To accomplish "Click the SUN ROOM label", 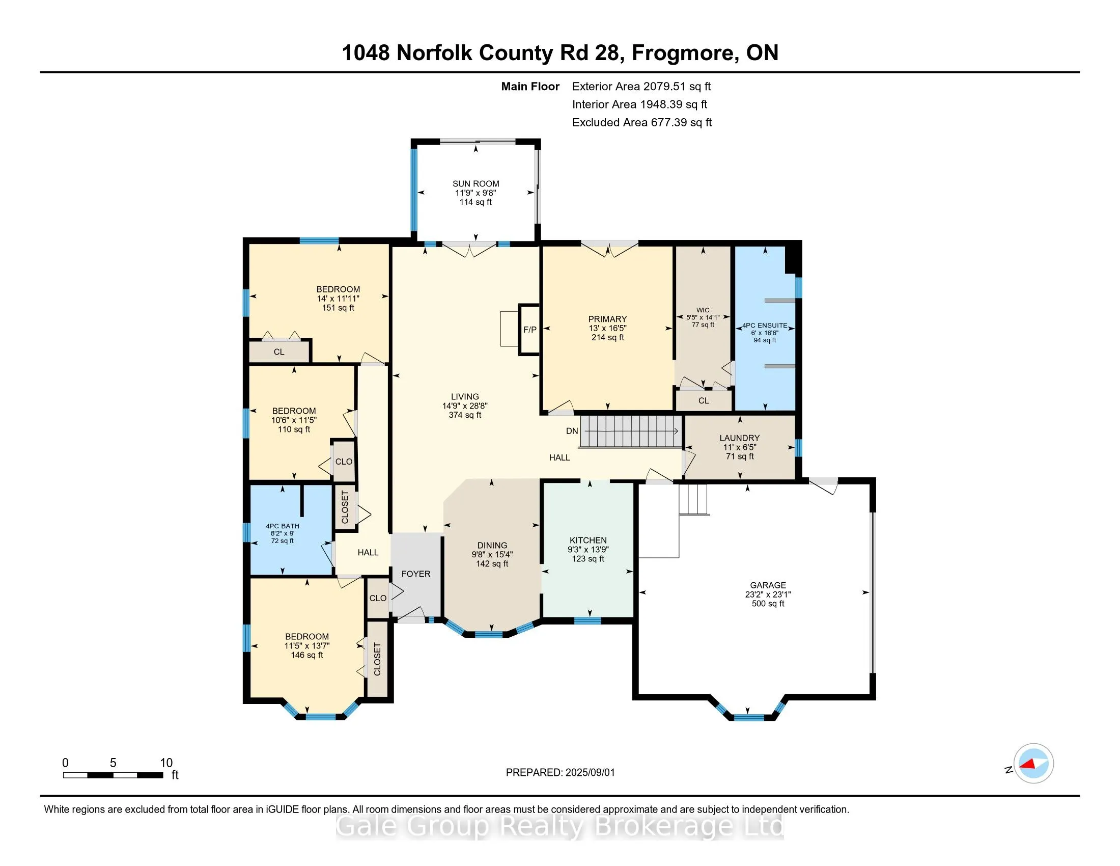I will click(475, 184).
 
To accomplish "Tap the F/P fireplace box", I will click(530, 330).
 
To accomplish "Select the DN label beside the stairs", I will click(572, 431).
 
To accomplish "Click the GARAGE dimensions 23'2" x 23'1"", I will click(768, 594).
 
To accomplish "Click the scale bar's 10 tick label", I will click(166, 763).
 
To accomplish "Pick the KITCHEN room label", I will click(587, 540).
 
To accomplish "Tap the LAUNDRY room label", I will click(739, 438).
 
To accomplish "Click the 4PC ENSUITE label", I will click(765, 326).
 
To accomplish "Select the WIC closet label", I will click(703, 310).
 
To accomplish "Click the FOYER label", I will click(415, 574).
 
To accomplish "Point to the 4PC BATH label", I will click(282, 526).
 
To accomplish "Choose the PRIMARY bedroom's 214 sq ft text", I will click(607, 338).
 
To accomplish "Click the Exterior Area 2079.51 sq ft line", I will click(641, 87).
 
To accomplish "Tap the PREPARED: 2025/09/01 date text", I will click(560, 773).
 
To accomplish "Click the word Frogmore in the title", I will click(685, 53).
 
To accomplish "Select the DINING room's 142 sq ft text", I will click(492, 564).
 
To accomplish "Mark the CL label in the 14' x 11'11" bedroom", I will click(278, 352).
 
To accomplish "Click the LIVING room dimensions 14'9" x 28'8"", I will click(465, 406).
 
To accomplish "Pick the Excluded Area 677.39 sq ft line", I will click(641, 123).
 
